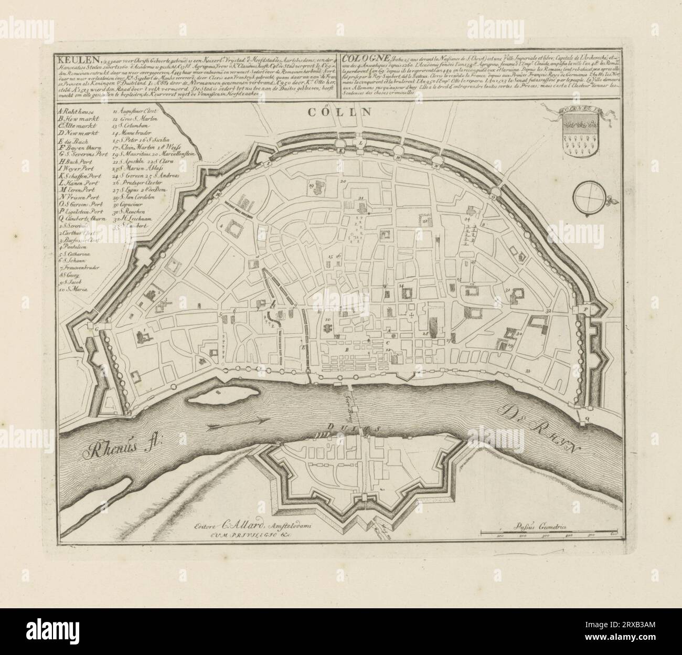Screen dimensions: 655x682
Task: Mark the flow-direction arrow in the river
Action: point(239,421)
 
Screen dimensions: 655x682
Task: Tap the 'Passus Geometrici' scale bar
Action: point(550,534)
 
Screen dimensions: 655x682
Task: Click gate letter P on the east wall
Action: point(584,310)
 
